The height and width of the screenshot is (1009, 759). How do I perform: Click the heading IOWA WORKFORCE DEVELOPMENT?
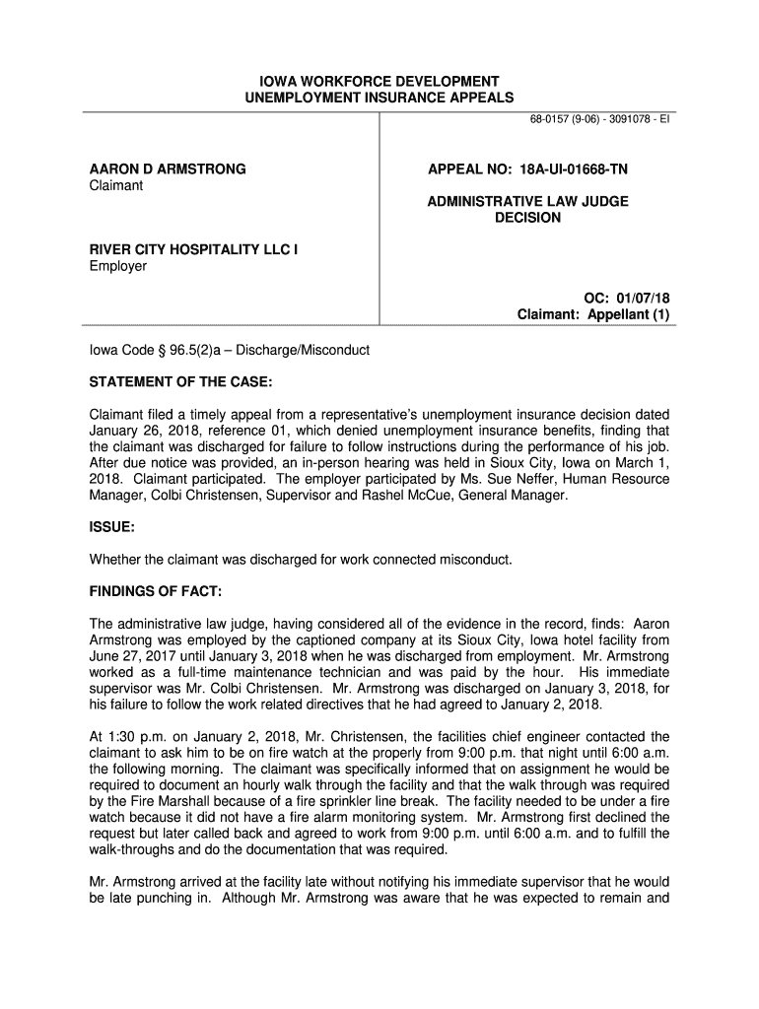point(379,81)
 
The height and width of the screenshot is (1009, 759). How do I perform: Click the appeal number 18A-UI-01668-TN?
point(570,169)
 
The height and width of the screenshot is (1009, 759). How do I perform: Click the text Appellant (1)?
point(630,314)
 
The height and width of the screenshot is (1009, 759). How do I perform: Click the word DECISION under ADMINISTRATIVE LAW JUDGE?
point(527,217)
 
